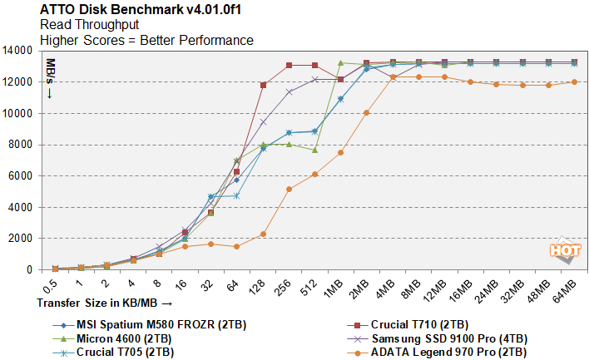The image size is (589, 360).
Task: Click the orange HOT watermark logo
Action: pos(563,249)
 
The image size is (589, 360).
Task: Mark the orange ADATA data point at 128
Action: pos(263,234)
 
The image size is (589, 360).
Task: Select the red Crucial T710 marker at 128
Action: pos(263,85)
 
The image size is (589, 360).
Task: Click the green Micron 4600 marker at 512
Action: pos(314,150)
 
